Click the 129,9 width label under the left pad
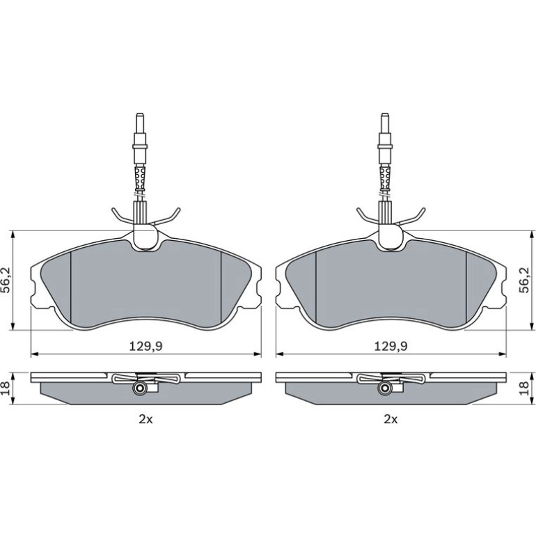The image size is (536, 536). click(145, 346)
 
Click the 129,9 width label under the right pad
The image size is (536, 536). click(391, 346)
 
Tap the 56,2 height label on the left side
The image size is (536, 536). click(7, 281)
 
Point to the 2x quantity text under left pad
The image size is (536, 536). click(145, 419)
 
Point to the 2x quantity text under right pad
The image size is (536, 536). click(391, 419)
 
